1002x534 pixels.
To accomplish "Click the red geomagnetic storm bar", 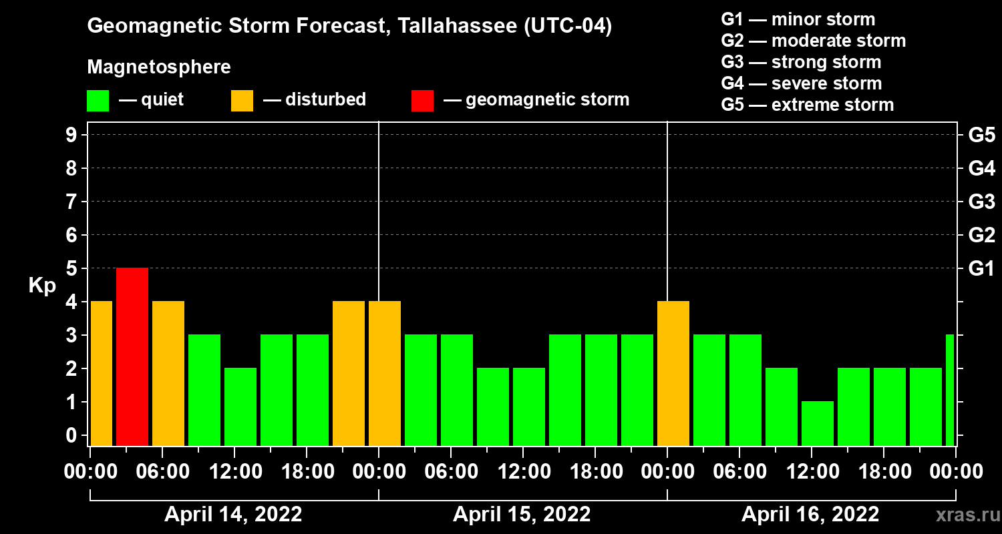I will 132,356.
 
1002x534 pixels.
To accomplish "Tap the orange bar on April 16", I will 673,373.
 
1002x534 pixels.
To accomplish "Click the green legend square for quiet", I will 98,100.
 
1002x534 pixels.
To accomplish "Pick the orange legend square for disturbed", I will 242,100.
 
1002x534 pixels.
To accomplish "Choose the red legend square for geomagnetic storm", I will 422,100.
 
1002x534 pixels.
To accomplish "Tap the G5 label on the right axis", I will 981,136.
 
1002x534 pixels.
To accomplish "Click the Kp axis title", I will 41,286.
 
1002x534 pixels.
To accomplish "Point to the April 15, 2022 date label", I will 522,515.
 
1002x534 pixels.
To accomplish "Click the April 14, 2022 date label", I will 233,515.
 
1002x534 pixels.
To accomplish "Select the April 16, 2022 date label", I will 810,515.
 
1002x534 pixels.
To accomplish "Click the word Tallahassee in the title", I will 449,27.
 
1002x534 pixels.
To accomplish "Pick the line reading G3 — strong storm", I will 801,62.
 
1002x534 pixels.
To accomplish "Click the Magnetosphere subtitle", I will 159,67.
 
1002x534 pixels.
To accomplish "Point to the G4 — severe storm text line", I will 802,83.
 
